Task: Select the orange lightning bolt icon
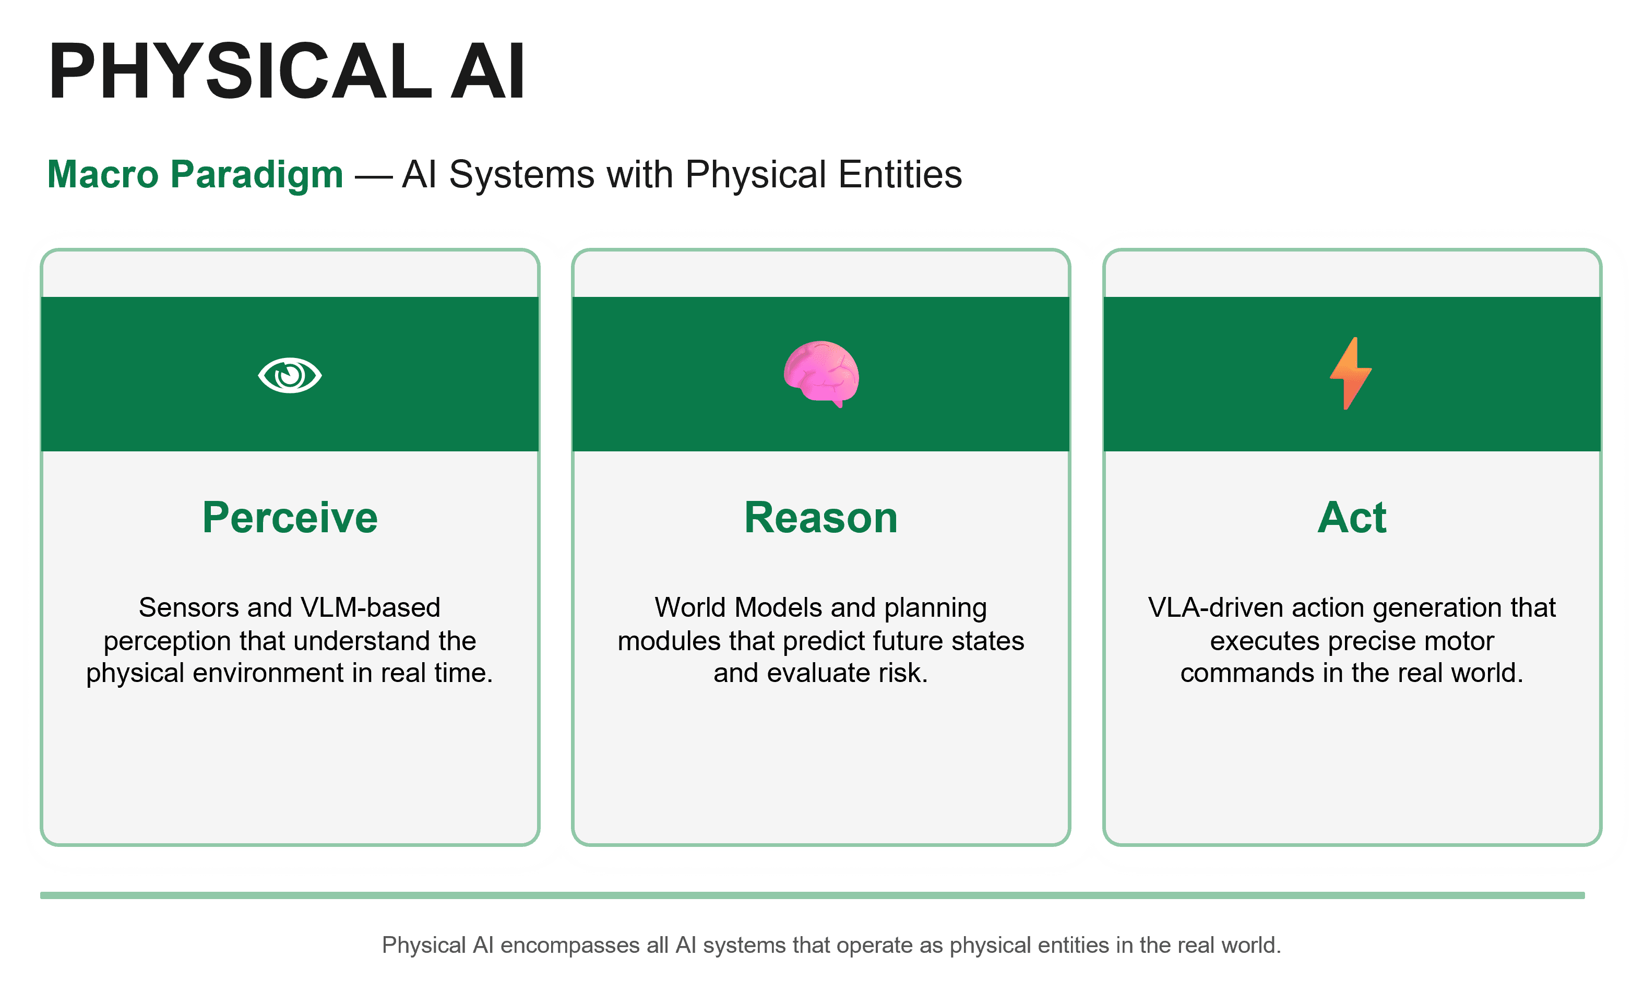[1350, 374]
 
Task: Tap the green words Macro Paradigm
[195, 174]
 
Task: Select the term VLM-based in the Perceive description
[370, 607]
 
